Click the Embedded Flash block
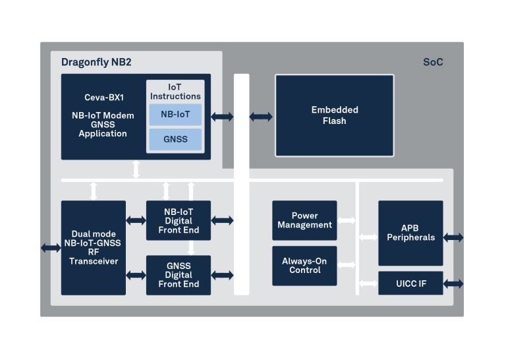tap(334, 115)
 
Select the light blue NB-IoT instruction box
tap(175, 114)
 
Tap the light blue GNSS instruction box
tap(175, 139)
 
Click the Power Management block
tap(304, 220)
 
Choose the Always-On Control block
tap(304, 266)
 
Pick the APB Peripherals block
tap(410, 233)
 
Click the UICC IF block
tap(410, 283)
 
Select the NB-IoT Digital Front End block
tap(179, 220)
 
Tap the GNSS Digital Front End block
tap(179, 275)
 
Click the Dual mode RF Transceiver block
tap(94, 248)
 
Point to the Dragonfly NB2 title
tap(96, 62)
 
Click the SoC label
tap(433, 62)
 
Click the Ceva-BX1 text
tap(104, 98)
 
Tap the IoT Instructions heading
tap(175, 92)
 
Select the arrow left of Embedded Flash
tap(261, 117)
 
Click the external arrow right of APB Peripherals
tap(453, 237)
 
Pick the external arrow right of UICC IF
tap(453, 284)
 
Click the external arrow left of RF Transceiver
tap(51, 248)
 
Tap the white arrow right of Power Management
tap(347, 220)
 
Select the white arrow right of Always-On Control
tap(347, 265)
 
